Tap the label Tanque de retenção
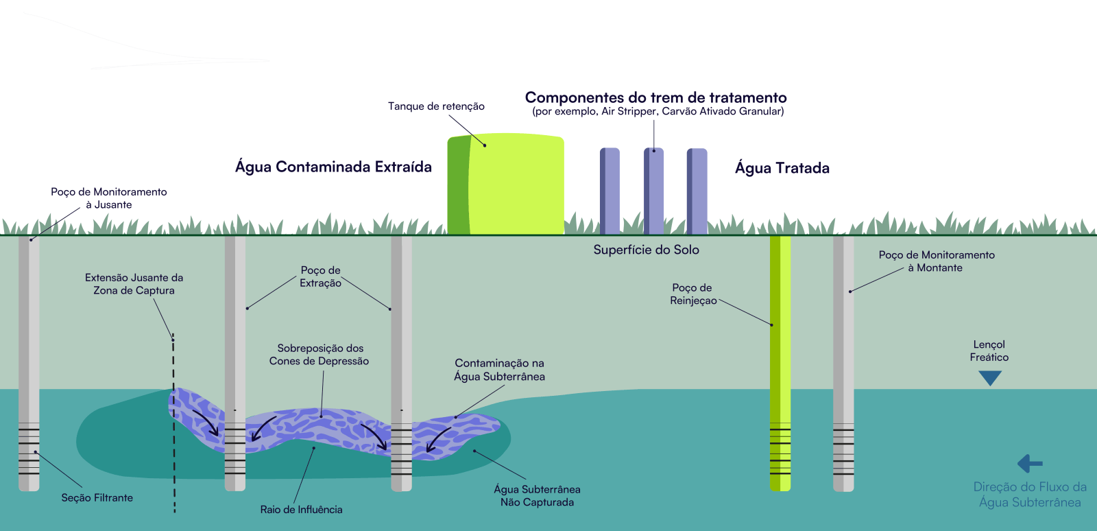pyautogui.click(x=436, y=106)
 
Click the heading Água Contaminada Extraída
pyautogui.click(x=333, y=167)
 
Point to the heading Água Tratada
pyautogui.click(x=782, y=168)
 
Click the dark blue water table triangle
pyautogui.click(x=990, y=377)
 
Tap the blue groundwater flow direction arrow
pyautogui.click(x=1030, y=464)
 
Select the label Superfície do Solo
pyautogui.click(x=646, y=250)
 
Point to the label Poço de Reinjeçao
pyautogui.click(x=692, y=294)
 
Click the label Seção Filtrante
pyautogui.click(x=97, y=498)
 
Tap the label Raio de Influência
pyautogui.click(x=301, y=510)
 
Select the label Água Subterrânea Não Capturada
pyautogui.click(x=537, y=495)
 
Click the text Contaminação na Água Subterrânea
pyautogui.click(x=499, y=370)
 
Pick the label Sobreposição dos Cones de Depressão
pyautogui.click(x=320, y=355)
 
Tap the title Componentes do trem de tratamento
pyautogui.click(x=655, y=97)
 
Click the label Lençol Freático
pyautogui.click(x=989, y=351)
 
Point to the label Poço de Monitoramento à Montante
pyautogui.click(x=936, y=261)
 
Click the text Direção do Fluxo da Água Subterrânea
pyautogui.click(x=1030, y=495)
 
